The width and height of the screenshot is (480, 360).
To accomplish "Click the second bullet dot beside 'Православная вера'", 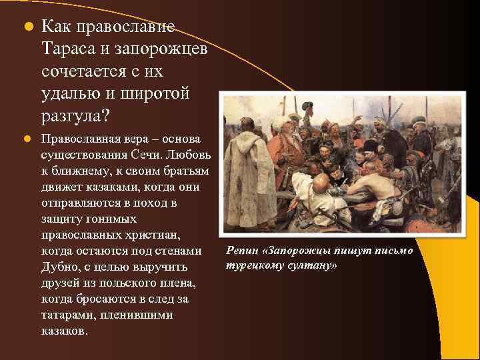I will point(27,139).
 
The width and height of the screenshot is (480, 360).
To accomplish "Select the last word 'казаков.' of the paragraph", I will point(64,331).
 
